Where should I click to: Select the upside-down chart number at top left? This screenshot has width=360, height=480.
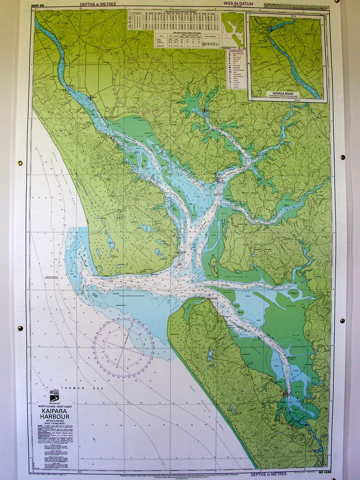(41, 5)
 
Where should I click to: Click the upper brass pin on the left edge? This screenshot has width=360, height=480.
(20, 163)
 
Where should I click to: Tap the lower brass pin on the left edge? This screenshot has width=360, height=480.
(20, 328)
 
